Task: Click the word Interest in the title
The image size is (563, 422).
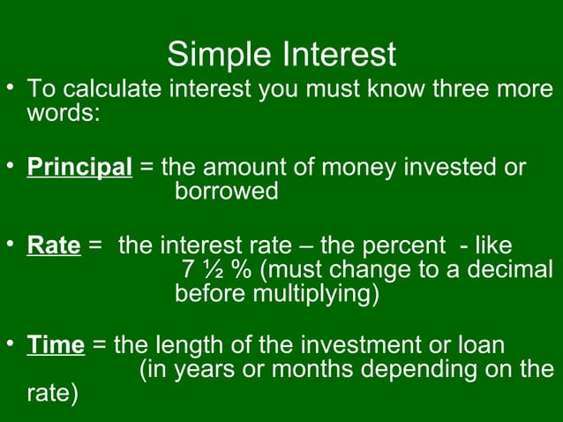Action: click(x=340, y=55)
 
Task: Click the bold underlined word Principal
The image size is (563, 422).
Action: click(x=79, y=168)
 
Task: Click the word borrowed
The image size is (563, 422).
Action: click(x=227, y=191)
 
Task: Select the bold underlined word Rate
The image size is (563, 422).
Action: click(x=54, y=245)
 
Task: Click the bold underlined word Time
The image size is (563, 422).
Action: click(x=56, y=344)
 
